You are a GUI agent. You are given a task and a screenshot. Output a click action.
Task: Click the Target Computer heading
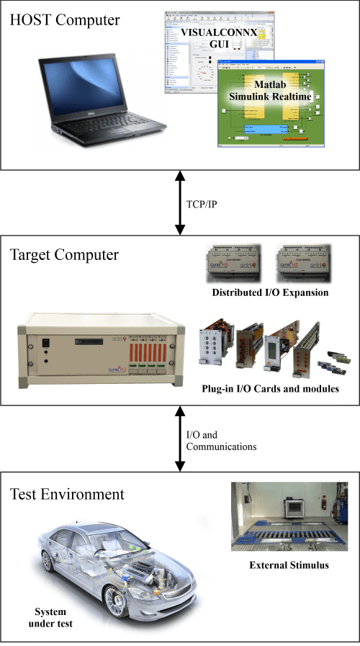64,255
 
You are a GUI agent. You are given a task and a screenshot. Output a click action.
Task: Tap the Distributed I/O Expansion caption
269,293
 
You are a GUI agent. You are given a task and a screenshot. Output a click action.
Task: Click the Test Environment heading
67,494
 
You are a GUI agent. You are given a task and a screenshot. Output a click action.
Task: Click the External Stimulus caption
289,565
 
